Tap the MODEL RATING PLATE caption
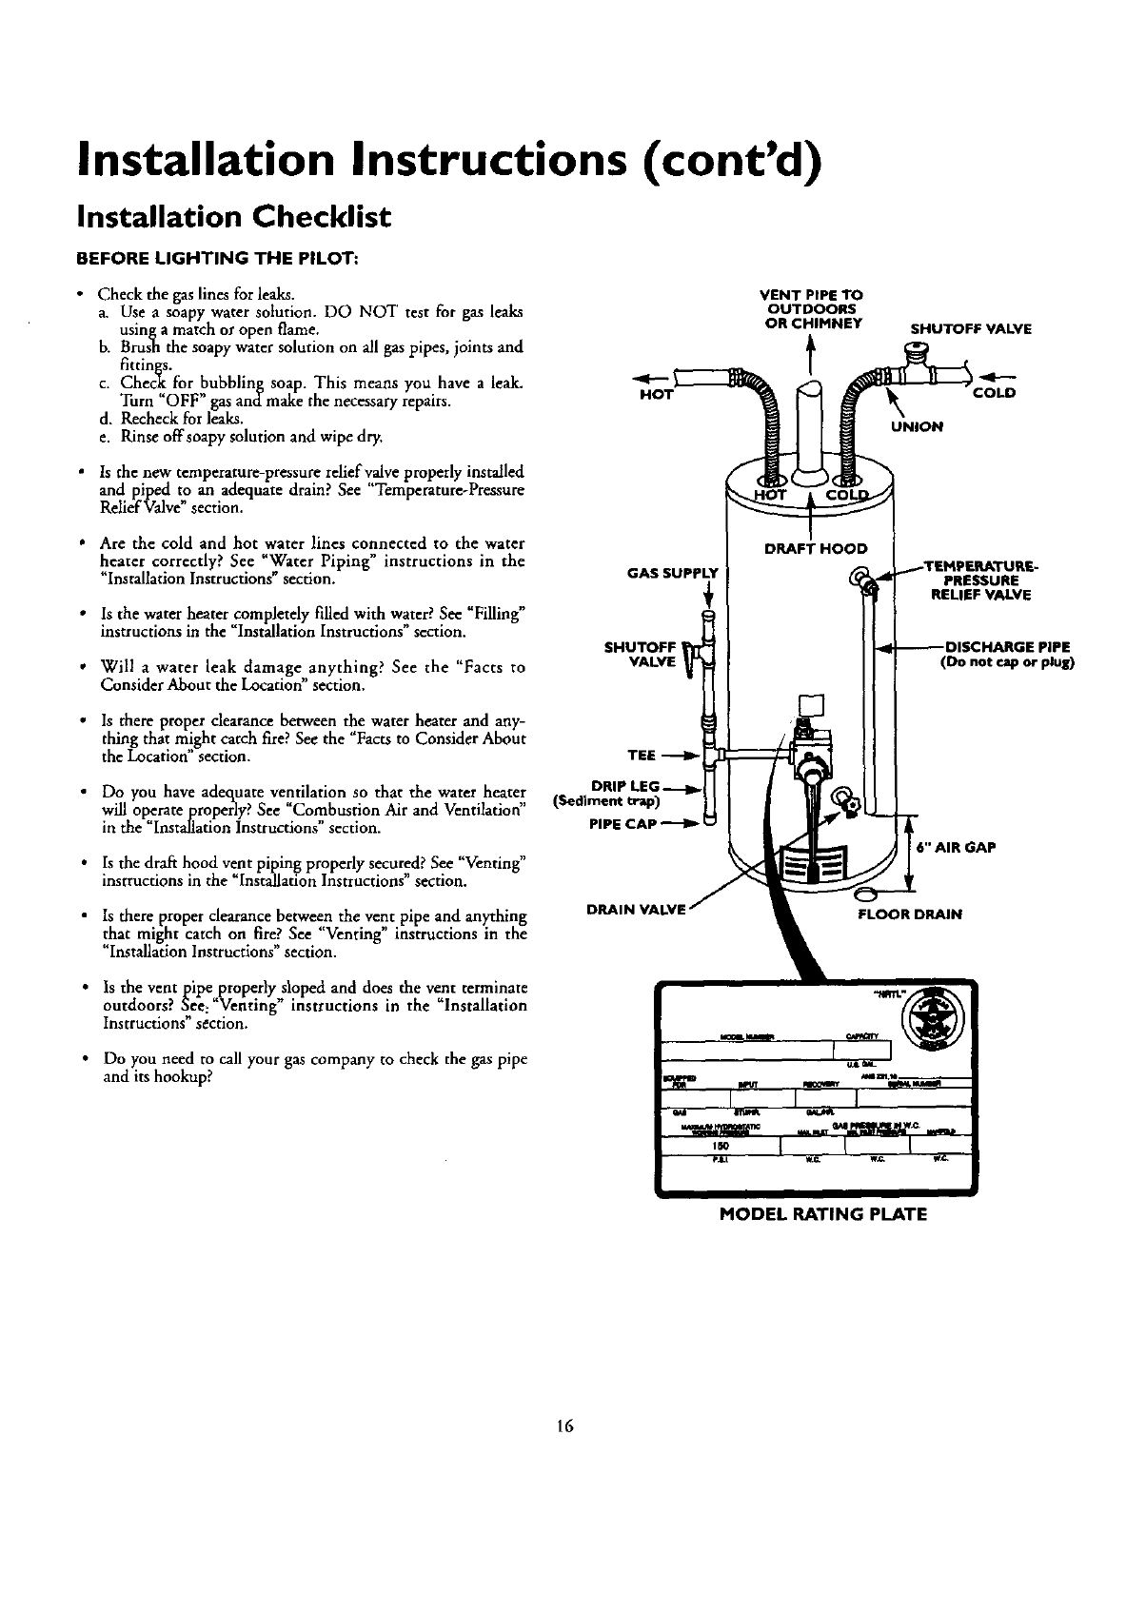822,1214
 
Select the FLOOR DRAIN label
911,914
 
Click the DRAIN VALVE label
636,910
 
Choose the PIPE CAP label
624,824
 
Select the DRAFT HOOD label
817,548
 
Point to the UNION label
917,427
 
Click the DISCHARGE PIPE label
1006,647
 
